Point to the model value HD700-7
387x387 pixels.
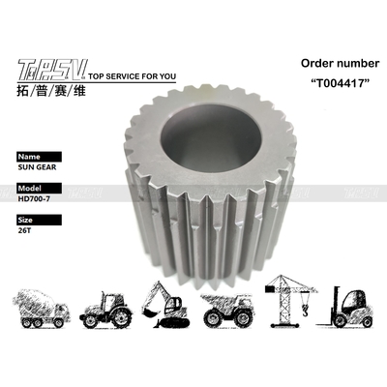(x=36, y=199)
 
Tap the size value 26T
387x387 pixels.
(x=25, y=231)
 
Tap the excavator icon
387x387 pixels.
(x=164, y=302)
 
